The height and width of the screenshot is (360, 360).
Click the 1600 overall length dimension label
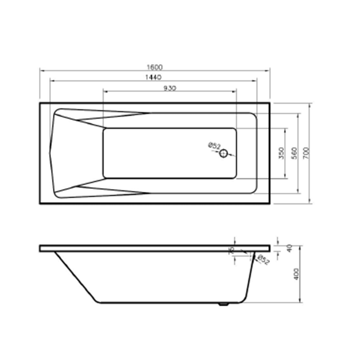154,67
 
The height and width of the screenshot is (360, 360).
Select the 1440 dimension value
154,77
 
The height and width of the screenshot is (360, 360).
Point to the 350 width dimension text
282,153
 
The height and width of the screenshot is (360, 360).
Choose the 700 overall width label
306,153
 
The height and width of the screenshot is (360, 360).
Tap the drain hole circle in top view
224,153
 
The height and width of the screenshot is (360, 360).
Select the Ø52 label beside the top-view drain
214,146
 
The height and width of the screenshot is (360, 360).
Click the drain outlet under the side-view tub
224,305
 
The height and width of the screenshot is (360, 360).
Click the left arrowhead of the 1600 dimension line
41,71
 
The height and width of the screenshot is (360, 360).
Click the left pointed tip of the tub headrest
50,153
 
